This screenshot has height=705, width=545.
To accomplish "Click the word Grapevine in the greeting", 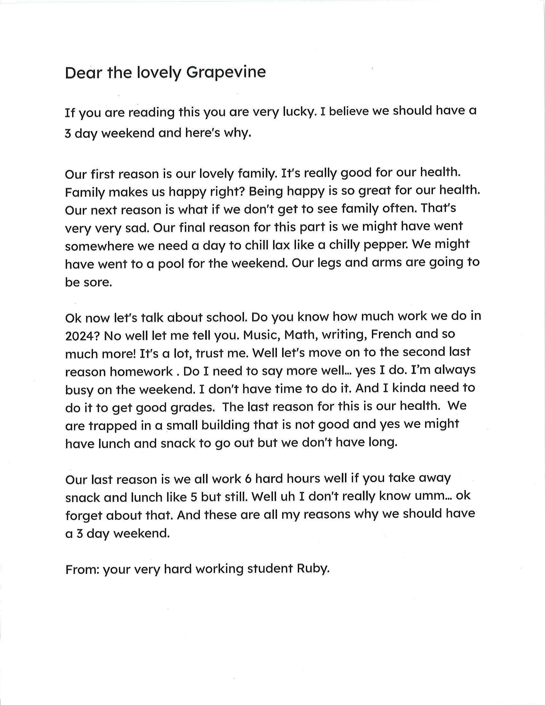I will pyautogui.click(x=226, y=73).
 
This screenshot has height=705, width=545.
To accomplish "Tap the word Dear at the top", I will pyautogui.click(x=84, y=73).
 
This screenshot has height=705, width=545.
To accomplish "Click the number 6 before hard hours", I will pyautogui.click(x=248, y=479).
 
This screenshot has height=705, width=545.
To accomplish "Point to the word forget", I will pyautogui.click(x=84, y=516).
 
